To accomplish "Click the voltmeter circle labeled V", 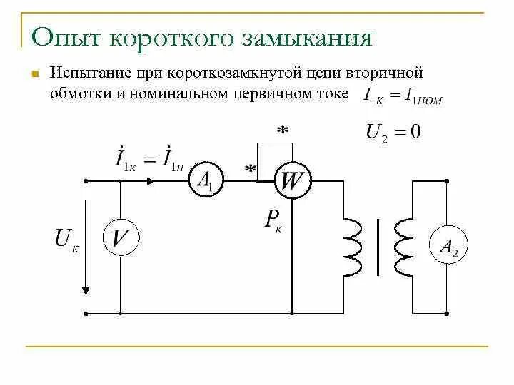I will coord(121,240).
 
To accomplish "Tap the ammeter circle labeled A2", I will coord(446,247).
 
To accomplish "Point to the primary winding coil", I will coord(353,247).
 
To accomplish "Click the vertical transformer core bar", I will coord(378,247).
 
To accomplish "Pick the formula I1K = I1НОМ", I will coord(403,95).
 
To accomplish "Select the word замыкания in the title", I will coord(307,37).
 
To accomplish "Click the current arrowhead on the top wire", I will coord(151,181).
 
